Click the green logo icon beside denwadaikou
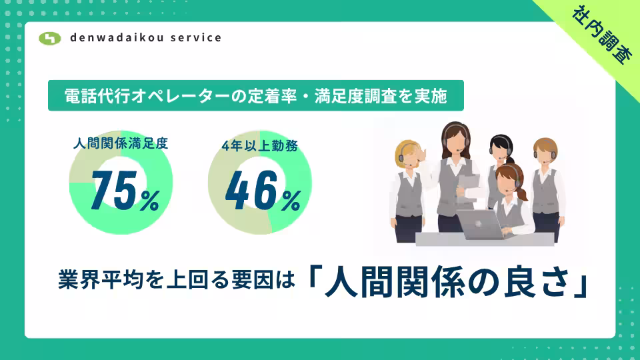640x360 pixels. tap(50, 39)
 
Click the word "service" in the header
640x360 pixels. tap(196, 37)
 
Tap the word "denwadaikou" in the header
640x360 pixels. tap(117, 37)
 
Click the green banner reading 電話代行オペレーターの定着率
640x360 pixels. tap(256, 95)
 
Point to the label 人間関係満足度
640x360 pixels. tap(121, 143)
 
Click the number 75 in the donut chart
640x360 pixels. tap(114, 190)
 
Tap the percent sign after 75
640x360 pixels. tap(150, 201)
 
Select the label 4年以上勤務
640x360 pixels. tap(259, 146)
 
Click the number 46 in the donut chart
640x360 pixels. tap(251, 190)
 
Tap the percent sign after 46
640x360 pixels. tap(291, 201)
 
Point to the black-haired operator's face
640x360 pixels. tap(501, 149)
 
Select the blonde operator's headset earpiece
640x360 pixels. tap(401, 158)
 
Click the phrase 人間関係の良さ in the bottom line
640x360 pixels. tap(447, 282)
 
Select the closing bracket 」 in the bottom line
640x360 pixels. tap(581, 286)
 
